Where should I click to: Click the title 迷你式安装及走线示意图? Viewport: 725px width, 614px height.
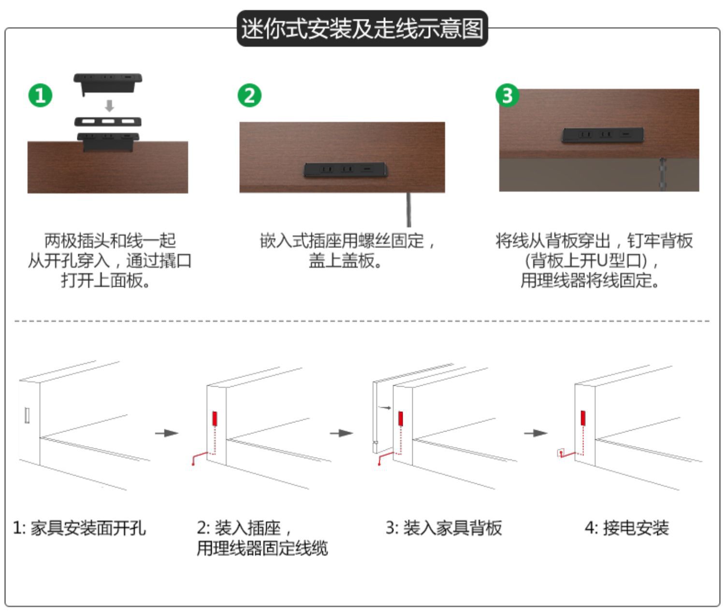coord(362,28)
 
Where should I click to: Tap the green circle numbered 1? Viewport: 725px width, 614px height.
coord(40,95)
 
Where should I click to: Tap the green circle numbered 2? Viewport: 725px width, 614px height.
coord(249,95)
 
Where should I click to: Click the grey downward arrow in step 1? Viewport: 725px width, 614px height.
coord(110,106)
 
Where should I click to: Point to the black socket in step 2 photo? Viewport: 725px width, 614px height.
coord(345,169)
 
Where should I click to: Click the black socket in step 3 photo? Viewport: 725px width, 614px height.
coord(602,135)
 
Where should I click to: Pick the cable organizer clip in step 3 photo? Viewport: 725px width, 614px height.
coord(663,174)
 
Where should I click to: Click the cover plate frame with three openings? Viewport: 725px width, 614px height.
coord(108,121)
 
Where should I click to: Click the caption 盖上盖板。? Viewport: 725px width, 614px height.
coord(346,261)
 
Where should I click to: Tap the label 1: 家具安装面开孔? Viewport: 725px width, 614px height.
coord(79,528)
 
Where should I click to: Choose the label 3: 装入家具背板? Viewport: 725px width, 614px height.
coord(444,528)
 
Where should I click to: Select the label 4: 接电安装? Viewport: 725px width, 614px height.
coord(626,528)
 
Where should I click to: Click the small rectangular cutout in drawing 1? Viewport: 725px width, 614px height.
coord(27,415)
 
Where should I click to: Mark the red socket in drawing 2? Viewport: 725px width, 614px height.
coord(215,419)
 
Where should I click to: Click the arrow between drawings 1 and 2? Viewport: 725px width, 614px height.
coord(167,433)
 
